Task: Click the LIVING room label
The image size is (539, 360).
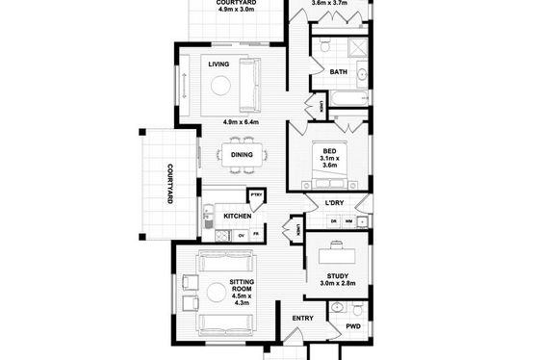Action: click(218, 64)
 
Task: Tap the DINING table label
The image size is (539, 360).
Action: click(242, 155)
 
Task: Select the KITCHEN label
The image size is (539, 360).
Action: click(238, 216)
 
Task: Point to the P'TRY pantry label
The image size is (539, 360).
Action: click(256, 195)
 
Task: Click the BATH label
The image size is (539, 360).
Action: click(338, 72)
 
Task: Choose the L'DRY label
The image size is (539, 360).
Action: click(335, 203)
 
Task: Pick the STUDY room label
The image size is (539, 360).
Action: click(338, 276)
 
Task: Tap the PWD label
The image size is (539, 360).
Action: click(353, 326)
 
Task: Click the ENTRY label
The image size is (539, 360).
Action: click(303, 319)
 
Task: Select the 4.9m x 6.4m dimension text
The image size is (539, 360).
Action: click(241, 122)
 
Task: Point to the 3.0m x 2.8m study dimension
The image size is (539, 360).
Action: click(338, 283)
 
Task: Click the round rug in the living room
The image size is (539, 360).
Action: click(220, 86)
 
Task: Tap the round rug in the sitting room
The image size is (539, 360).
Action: click(217, 293)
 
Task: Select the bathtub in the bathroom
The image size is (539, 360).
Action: click(348, 99)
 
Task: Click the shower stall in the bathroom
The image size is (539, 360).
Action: click(357, 48)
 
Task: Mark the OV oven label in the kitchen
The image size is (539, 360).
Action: click(242, 236)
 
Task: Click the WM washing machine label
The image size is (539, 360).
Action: click(348, 221)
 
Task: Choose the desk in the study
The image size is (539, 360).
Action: click(337, 256)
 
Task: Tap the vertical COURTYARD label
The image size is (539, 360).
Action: click(169, 184)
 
